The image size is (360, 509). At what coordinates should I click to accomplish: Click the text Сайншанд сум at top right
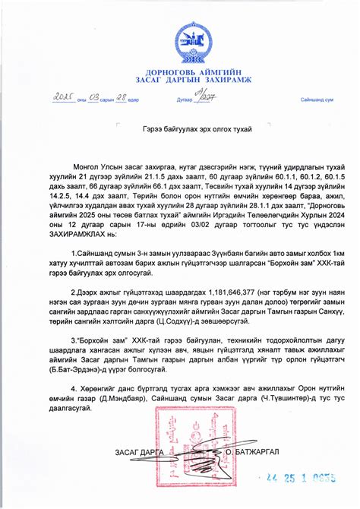(317, 100)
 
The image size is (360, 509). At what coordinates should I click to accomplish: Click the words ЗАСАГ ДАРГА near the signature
(140, 453)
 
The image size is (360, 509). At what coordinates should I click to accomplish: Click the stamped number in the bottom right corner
(302, 478)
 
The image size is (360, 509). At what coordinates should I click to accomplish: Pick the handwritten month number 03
(93, 98)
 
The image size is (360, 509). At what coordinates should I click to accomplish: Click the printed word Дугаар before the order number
(185, 100)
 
